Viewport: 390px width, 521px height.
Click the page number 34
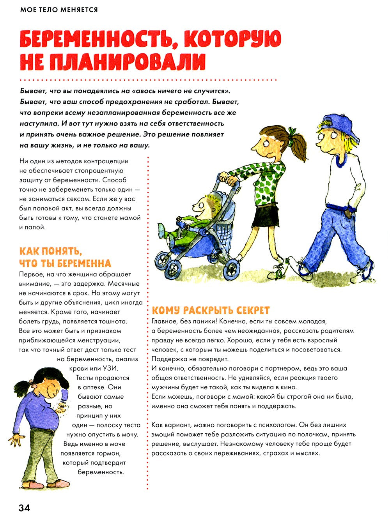tap(24, 508)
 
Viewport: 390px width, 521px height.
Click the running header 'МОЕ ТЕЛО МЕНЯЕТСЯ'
tap(59, 9)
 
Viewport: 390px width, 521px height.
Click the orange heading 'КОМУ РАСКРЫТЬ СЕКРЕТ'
tap(211, 310)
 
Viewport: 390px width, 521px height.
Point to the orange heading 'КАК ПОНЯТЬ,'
tap(51, 251)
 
